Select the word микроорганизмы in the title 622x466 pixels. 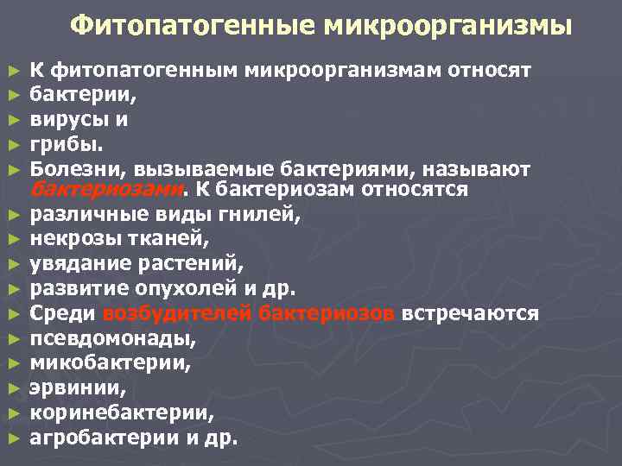click(448, 26)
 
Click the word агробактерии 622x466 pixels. click(104, 438)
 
